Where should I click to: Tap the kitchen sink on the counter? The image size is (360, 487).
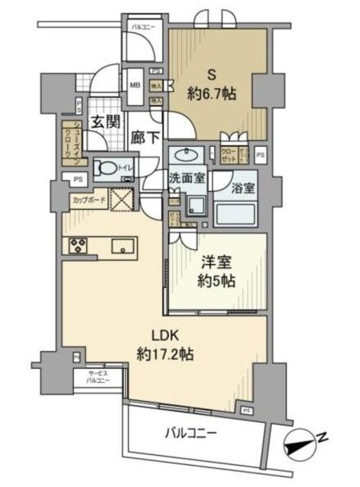(122, 246)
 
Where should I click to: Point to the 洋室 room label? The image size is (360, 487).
(215, 263)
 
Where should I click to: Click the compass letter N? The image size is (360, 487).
(323, 436)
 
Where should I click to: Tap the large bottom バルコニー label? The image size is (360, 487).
(194, 434)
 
